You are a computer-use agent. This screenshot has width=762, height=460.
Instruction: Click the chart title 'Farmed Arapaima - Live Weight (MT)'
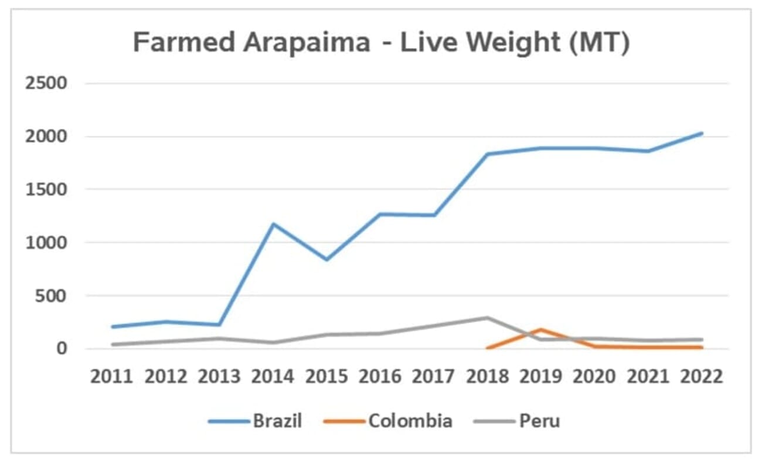(x=381, y=43)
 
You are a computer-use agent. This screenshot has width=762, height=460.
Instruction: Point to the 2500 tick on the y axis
(x=46, y=83)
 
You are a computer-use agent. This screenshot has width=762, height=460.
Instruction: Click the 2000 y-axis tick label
(x=46, y=136)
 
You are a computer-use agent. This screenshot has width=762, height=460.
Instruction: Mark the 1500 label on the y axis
(x=46, y=190)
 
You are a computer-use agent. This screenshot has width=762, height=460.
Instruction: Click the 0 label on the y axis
(x=62, y=349)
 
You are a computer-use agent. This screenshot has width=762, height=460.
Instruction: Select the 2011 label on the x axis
(x=112, y=376)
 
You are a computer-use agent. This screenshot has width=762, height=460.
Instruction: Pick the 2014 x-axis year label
(x=273, y=376)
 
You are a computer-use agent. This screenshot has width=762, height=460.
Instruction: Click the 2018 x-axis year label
(x=487, y=376)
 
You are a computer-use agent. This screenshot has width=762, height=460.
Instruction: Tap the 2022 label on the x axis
(x=701, y=376)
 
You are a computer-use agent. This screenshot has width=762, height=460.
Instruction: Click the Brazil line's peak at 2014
(x=273, y=224)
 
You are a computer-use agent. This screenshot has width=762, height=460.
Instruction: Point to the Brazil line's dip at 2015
(x=326, y=259)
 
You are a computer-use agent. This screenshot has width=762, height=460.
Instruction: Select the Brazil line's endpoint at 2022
(x=702, y=133)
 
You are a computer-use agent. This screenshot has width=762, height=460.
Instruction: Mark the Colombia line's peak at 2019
(x=540, y=329)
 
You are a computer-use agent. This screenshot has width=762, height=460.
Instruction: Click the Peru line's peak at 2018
(x=487, y=318)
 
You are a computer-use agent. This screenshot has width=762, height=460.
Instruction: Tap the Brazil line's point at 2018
(x=487, y=154)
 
